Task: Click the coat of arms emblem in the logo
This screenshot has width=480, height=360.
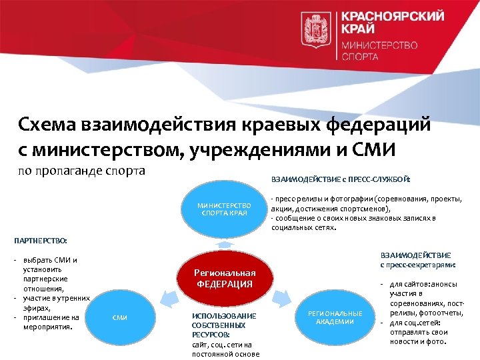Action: click(x=312, y=29)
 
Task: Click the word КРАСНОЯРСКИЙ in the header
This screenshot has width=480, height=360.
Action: click(x=383, y=17)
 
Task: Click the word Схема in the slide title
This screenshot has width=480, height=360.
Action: click(x=46, y=125)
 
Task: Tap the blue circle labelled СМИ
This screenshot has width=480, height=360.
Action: click(x=120, y=318)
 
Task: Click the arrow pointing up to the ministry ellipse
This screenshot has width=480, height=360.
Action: click(x=225, y=245)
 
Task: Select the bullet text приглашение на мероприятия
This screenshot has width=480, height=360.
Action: click(x=50, y=323)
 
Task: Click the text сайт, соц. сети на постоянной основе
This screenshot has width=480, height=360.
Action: click(x=225, y=349)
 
